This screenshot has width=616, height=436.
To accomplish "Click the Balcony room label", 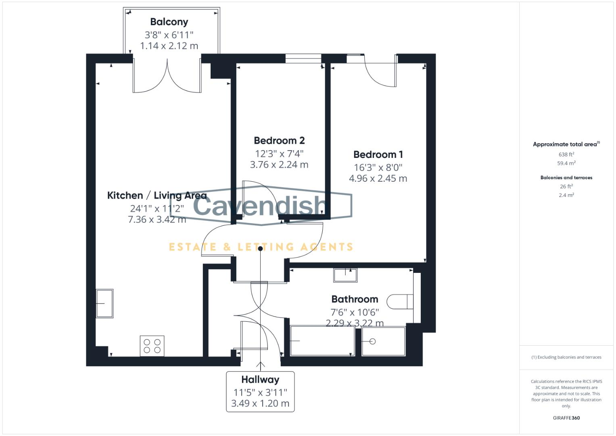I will pos(169,22).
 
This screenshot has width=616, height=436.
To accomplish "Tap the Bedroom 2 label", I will pos(279,140).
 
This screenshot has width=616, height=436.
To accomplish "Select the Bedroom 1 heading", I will pos(378,154).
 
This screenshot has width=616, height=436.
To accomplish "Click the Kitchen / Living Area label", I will pos(157,195).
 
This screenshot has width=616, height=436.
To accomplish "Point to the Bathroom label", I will pos(355,299).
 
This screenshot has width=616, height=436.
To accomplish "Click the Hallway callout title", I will pos(260,379).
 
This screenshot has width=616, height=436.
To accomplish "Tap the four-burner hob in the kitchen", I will pos(152,346).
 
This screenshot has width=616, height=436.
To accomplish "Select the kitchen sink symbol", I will pos(104,303).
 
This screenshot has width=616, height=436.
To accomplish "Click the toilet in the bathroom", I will pos(400,301).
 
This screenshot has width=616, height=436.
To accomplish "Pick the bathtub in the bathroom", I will pos(322,341).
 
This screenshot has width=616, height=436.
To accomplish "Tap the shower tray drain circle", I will pos(373,342).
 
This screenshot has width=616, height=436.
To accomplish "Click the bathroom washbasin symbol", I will pos(345,275).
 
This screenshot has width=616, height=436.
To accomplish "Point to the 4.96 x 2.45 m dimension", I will pos(378,178).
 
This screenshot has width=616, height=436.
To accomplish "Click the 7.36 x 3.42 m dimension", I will pos(157,220).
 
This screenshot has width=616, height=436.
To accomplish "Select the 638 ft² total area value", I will pos(566,154).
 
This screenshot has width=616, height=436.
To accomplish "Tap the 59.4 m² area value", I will pos(566,163).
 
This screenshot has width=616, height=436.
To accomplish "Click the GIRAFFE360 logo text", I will pos(566,418).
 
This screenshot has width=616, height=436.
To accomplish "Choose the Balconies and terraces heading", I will pos(566,178).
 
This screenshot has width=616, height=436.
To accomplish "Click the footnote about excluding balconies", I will pos(566,357).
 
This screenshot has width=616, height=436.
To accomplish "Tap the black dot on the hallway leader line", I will pos(261,249).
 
